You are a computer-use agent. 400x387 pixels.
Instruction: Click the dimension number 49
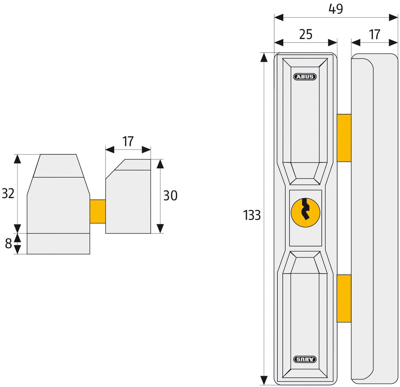(x=336, y=9)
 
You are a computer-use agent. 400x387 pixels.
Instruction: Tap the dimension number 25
(x=306, y=34)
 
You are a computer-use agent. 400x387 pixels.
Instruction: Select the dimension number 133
(x=252, y=215)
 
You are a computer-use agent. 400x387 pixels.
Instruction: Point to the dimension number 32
(x=8, y=194)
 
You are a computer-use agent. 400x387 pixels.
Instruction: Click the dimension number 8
(x=8, y=244)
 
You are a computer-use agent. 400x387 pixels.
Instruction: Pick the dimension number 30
(x=170, y=196)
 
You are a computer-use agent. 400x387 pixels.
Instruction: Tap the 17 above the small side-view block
(x=128, y=141)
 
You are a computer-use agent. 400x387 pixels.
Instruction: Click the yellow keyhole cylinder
(x=305, y=213)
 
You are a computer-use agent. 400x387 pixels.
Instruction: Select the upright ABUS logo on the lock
(x=305, y=77)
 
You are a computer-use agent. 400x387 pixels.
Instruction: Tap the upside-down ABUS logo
(x=305, y=359)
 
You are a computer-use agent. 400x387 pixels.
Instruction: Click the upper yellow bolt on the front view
(x=344, y=138)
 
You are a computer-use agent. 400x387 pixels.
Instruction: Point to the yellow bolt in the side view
(x=98, y=211)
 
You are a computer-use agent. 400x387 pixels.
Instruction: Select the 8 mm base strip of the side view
(x=58, y=244)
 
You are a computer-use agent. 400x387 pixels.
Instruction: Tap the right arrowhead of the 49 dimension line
(x=394, y=18)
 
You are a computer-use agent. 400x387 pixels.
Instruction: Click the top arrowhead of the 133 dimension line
(x=264, y=57)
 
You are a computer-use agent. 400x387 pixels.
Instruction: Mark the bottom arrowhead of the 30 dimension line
(x=160, y=229)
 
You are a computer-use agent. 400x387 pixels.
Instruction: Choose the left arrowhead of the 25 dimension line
(x=279, y=43)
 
